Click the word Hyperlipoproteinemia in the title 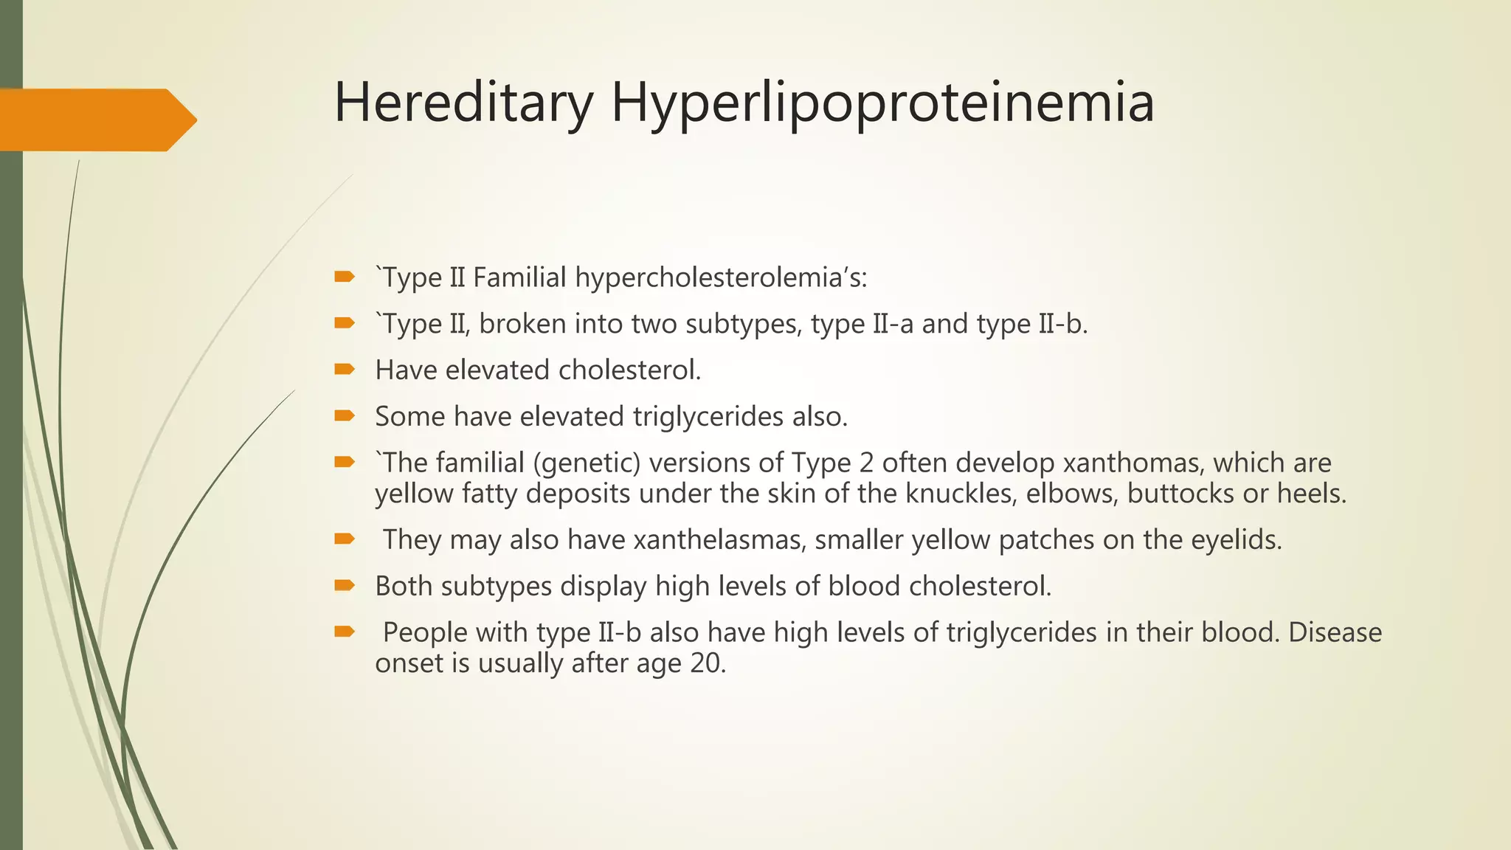[x=882, y=103]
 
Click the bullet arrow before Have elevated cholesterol [x=345, y=369]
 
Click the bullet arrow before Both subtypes [x=345, y=585]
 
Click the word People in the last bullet [x=425, y=632]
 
